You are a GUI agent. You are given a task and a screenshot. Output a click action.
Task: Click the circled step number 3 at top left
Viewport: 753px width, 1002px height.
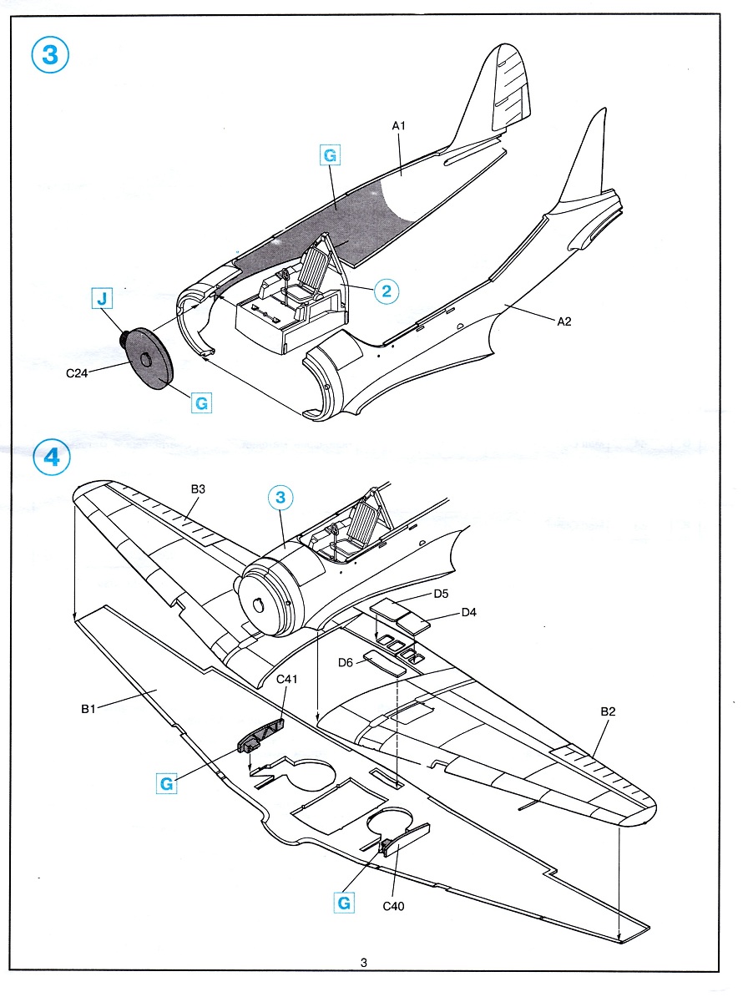pyautogui.click(x=50, y=55)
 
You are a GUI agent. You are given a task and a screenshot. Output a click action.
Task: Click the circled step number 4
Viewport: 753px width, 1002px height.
pyautogui.click(x=50, y=458)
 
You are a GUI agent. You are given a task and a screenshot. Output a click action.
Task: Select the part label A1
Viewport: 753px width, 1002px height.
pyautogui.click(x=398, y=125)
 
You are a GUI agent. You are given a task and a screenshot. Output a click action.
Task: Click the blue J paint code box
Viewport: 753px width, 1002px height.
pyautogui.click(x=101, y=297)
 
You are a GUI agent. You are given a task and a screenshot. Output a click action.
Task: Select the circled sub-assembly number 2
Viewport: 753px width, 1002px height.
pyautogui.click(x=385, y=291)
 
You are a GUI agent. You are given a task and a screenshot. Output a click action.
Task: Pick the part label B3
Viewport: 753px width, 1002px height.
pyautogui.click(x=198, y=488)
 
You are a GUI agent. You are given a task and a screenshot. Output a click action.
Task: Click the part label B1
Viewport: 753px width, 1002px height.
pyautogui.click(x=90, y=709)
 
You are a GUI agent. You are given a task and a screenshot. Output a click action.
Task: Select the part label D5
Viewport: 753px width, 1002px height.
pyautogui.click(x=442, y=594)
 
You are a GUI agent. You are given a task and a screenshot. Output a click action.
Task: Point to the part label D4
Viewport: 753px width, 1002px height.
pyautogui.click(x=469, y=614)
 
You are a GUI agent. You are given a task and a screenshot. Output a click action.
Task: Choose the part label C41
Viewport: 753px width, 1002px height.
pyautogui.click(x=287, y=680)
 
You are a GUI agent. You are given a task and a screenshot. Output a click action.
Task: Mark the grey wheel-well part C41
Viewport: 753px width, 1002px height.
pyautogui.click(x=262, y=734)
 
